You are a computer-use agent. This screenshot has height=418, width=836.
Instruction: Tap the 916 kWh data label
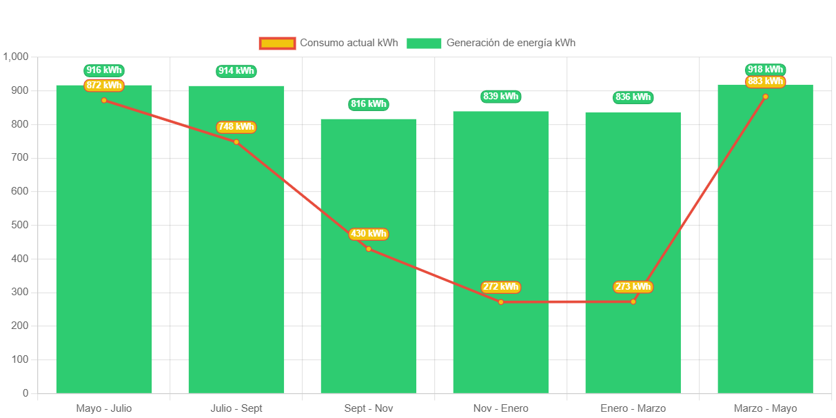(x=104, y=70)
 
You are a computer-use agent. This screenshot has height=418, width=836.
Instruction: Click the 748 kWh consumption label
(x=236, y=127)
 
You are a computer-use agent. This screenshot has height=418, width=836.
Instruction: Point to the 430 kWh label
(x=368, y=234)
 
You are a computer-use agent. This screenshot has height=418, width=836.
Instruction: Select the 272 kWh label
(x=500, y=287)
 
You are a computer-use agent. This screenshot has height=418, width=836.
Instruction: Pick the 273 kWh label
(x=633, y=287)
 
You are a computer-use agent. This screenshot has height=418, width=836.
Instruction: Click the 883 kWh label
(x=765, y=81)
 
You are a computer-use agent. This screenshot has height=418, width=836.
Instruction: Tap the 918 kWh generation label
(x=765, y=70)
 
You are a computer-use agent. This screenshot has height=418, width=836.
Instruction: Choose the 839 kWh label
(x=500, y=97)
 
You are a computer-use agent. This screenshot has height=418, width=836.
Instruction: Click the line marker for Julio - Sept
(x=236, y=142)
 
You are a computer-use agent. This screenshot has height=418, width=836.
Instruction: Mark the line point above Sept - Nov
(x=369, y=249)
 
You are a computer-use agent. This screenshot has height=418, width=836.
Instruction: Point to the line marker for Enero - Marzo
(x=633, y=301)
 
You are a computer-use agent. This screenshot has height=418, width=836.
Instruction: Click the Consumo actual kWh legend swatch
(x=277, y=43)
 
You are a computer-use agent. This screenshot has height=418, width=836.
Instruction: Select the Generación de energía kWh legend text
(x=511, y=43)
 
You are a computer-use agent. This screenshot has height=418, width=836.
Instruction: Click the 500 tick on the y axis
(x=20, y=225)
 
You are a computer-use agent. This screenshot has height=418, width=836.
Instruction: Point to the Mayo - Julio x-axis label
(x=104, y=408)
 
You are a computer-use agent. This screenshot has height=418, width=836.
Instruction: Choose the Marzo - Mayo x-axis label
(x=765, y=408)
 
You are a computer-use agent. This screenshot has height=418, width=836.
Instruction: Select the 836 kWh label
(x=633, y=97)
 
